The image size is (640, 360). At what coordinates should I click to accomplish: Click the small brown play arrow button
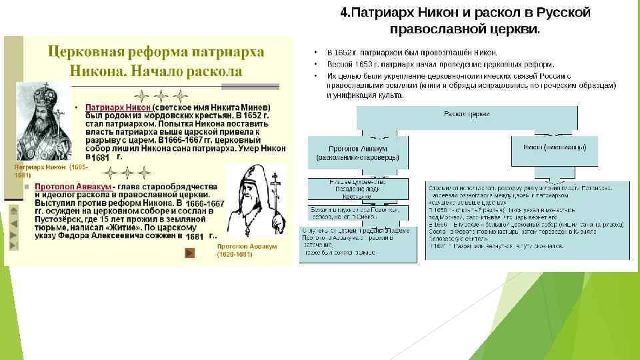coord(189,252)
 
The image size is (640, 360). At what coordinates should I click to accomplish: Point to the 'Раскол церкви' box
coord(467,114)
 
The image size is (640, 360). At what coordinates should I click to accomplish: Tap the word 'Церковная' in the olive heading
coord(85,52)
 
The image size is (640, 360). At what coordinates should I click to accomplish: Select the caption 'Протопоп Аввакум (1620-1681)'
coord(246,250)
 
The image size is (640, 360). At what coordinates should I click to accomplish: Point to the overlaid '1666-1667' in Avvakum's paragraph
coord(205,203)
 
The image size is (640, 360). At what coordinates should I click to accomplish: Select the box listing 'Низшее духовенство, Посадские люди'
coord(357,188)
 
